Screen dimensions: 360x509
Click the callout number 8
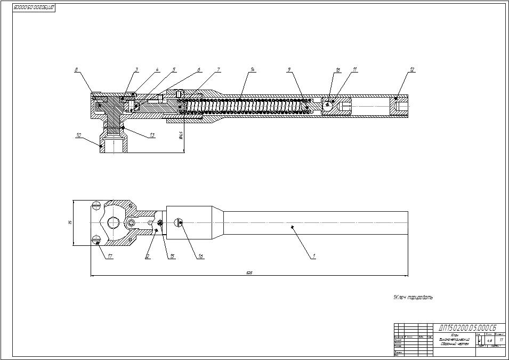[76, 69]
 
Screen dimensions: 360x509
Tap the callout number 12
[412, 69]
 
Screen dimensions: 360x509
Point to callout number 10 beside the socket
[78, 135]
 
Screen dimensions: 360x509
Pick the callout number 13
[152, 135]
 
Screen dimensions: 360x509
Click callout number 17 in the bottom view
[110, 256]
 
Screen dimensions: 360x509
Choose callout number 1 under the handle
[314, 256]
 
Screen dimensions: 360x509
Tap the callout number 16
[200, 256]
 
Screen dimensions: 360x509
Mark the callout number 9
[288, 69]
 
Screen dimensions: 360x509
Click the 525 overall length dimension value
[249, 273]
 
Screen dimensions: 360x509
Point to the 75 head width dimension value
[70, 223]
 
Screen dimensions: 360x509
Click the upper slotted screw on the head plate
[96, 205]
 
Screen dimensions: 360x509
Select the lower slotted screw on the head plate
[96, 238]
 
